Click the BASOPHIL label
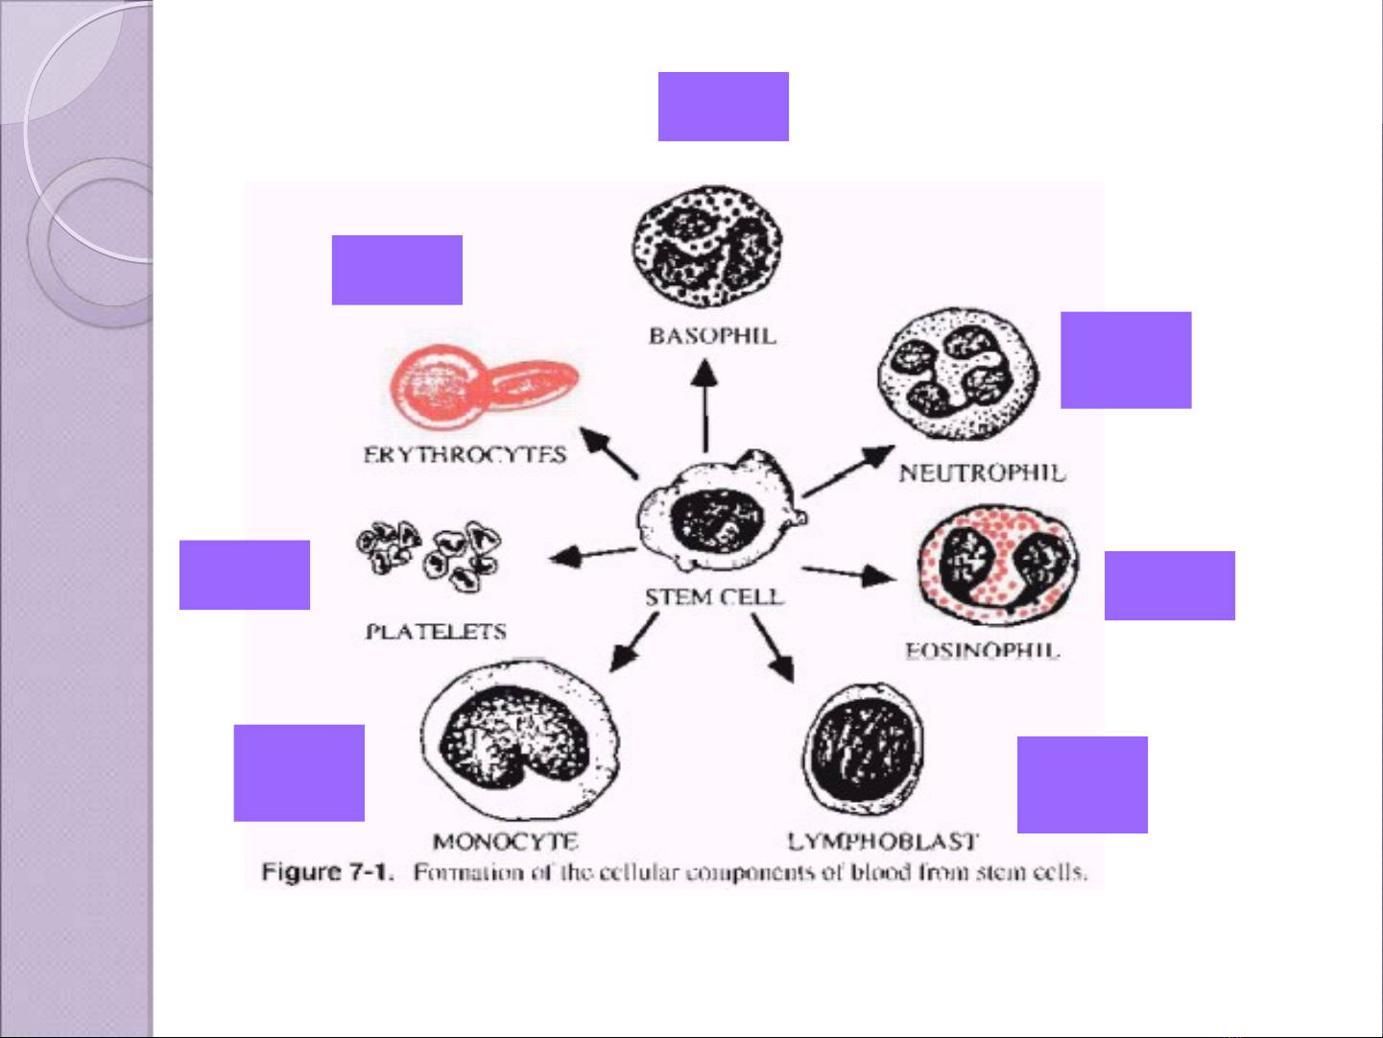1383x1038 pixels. tap(712, 336)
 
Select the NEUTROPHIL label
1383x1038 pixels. tap(982, 472)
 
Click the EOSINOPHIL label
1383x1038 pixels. tap(982, 651)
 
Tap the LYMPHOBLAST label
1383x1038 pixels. tap(883, 842)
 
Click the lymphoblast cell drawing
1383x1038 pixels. tap(862, 748)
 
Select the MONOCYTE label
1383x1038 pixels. tap(505, 842)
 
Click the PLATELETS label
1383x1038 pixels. tap(436, 632)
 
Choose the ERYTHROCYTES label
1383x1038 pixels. tap(465, 455)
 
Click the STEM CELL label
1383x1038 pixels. tap(714, 597)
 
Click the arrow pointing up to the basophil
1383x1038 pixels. tap(706, 403)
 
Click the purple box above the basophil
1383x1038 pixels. tap(723, 107)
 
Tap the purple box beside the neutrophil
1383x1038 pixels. tap(1126, 360)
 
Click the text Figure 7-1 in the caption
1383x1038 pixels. tap(327, 873)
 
